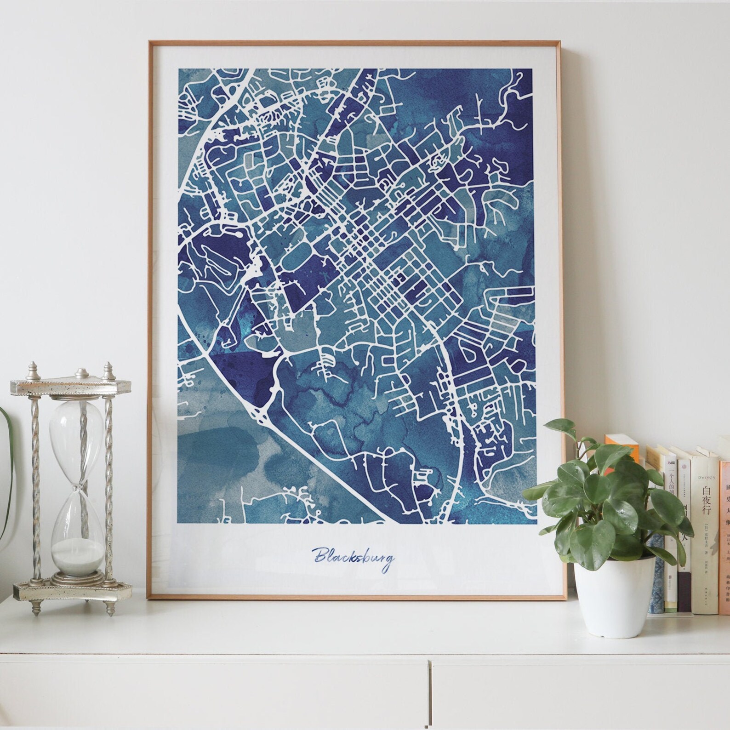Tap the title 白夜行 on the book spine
tap(707, 506)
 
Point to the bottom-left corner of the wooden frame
tap(151, 597)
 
